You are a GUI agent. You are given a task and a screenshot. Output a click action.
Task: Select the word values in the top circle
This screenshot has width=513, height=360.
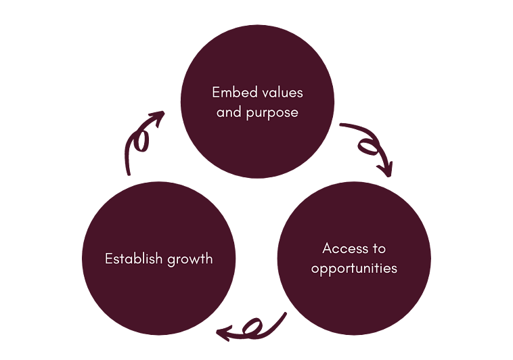coord(282,91)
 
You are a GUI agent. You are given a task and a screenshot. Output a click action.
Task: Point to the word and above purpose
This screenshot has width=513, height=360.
coord(229,112)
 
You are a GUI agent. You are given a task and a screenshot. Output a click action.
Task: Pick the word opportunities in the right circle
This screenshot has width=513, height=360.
coord(354,268)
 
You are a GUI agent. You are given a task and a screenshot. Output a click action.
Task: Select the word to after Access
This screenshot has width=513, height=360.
coord(378,248)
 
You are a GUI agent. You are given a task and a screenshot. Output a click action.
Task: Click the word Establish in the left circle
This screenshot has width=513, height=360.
coord(131,258)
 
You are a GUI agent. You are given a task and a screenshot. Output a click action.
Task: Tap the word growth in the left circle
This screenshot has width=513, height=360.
coord(189,259)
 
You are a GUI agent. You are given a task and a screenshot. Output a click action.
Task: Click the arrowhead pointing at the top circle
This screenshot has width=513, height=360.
coord(158,119)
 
